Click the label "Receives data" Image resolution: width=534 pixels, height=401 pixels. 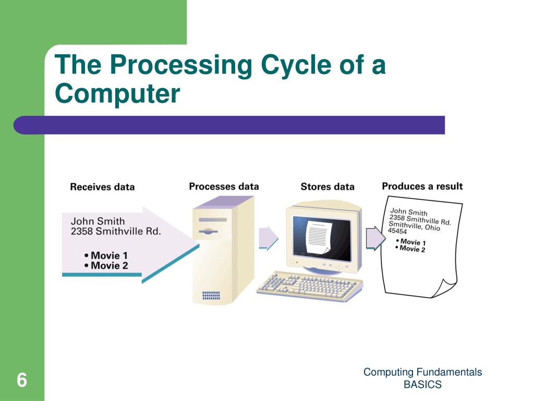pyautogui.click(x=102, y=187)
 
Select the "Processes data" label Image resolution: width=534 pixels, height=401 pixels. pyautogui.click(x=224, y=186)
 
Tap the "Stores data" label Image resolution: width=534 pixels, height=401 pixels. pyautogui.click(x=327, y=187)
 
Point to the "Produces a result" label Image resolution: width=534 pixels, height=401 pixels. pyautogui.click(x=422, y=186)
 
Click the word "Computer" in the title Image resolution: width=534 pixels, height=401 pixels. pyautogui.click(x=117, y=94)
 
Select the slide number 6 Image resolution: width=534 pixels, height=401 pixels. pyautogui.click(x=21, y=380)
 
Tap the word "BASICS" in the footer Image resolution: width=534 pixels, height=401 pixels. pyautogui.click(x=422, y=385)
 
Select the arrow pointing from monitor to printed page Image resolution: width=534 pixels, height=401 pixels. pyautogui.click(x=374, y=238)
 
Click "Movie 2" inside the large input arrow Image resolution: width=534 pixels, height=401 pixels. pyautogui.click(x=109, y=266)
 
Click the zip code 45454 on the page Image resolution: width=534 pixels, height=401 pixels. pyautogui.click(x=397, y=231)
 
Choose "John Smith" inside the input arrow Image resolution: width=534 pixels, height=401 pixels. pyautogui.click(x=98, y=221)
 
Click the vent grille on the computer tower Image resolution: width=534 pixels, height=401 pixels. pyautogui.click(x=211, y=296)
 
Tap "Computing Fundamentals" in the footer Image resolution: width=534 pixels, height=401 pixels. pyautogui.click(x=422, y=372)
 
